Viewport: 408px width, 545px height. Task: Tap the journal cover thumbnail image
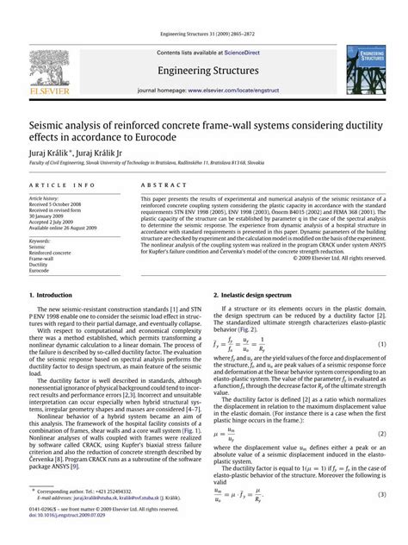(x=367, y=68)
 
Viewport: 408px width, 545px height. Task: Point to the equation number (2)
(x=380, y=433)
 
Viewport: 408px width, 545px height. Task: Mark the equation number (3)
(x=380, y=494)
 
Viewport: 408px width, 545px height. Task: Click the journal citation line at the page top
(x=203, y=34)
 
